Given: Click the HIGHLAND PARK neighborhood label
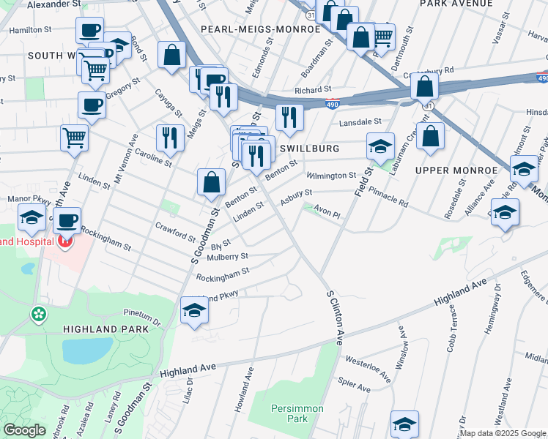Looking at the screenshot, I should pos(105,329).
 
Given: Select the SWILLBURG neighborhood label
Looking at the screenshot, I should pos(310,149).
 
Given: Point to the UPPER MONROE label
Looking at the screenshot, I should pos(456,170).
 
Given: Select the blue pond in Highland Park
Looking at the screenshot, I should pos(87,350).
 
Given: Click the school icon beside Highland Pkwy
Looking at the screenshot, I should pos(194,310).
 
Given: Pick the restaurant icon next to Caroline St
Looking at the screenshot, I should pos(170,137).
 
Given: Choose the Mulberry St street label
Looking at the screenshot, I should pos(228,258).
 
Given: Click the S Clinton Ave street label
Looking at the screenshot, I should pos(336,317).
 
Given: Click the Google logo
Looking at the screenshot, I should pos(25,430).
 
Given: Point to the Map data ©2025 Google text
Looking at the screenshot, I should pos(503,433).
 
